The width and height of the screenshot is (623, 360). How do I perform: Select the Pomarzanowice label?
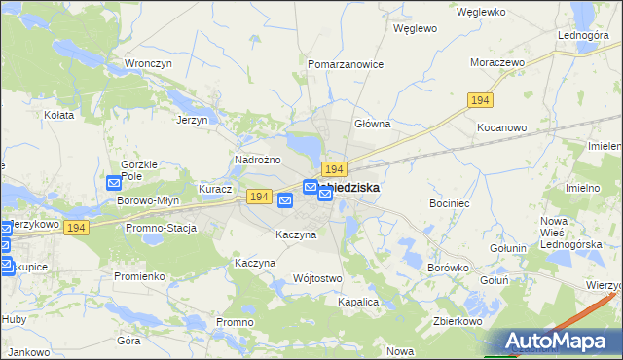346,64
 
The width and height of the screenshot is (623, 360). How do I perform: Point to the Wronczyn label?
148,63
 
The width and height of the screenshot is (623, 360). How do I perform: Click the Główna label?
372,124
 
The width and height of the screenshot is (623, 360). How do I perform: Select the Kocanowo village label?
501,127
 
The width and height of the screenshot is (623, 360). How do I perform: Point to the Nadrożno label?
258,160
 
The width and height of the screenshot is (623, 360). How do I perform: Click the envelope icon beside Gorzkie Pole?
113,182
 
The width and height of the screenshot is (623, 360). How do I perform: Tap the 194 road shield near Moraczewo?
478,100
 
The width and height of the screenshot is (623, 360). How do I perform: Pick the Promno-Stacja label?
161,228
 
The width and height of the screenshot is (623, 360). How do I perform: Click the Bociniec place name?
450,204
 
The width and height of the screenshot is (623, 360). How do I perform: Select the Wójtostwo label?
317,278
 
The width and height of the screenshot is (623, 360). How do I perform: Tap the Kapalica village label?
357,302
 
